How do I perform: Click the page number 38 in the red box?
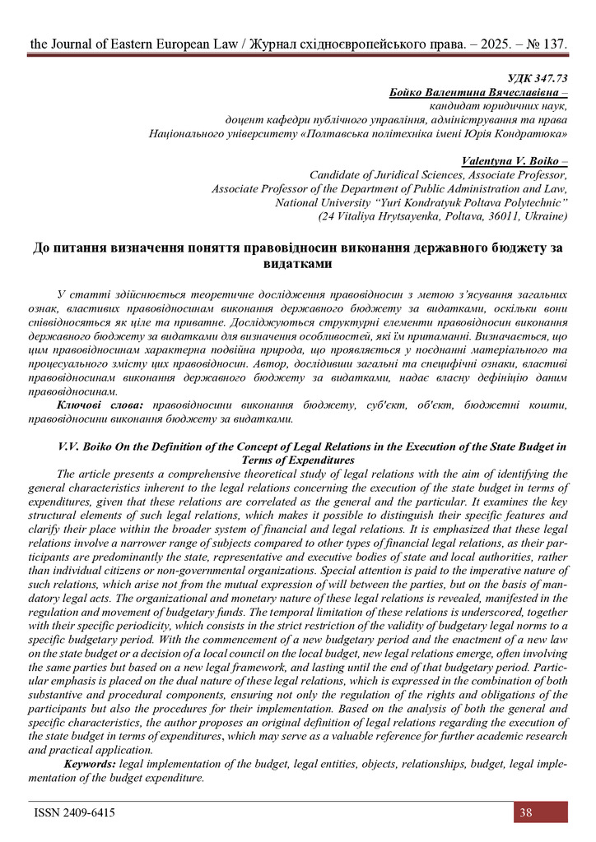pos(525,812)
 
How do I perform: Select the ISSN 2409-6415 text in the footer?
pos(74,812)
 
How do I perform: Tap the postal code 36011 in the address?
pos(493,216)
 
